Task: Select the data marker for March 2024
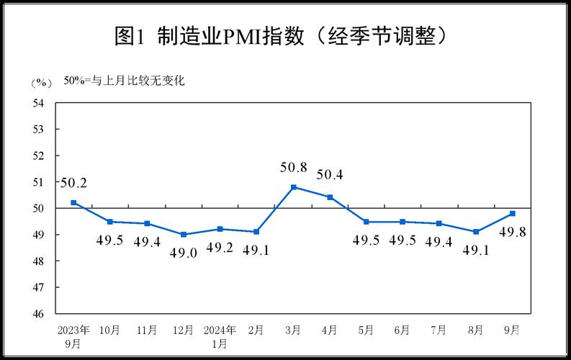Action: click(293, 187)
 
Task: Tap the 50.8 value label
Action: click(293, 168)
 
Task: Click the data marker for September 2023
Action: click(73, 203)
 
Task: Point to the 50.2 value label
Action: click(73, 184)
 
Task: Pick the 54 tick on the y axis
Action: click(39, 103)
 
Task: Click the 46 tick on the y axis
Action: click(39, 313)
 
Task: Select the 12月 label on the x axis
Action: click(183, 330)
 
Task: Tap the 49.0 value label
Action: click(183, 252)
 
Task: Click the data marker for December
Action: click(183, 235)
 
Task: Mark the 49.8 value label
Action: click(512, 231)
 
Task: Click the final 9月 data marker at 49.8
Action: click(512, 213)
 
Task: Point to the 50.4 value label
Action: click(330, 174)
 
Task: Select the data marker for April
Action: click(330, 197)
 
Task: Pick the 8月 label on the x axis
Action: click(476, 330)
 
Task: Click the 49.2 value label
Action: click(220, 248)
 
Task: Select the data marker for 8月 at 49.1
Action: click(476, 232)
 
